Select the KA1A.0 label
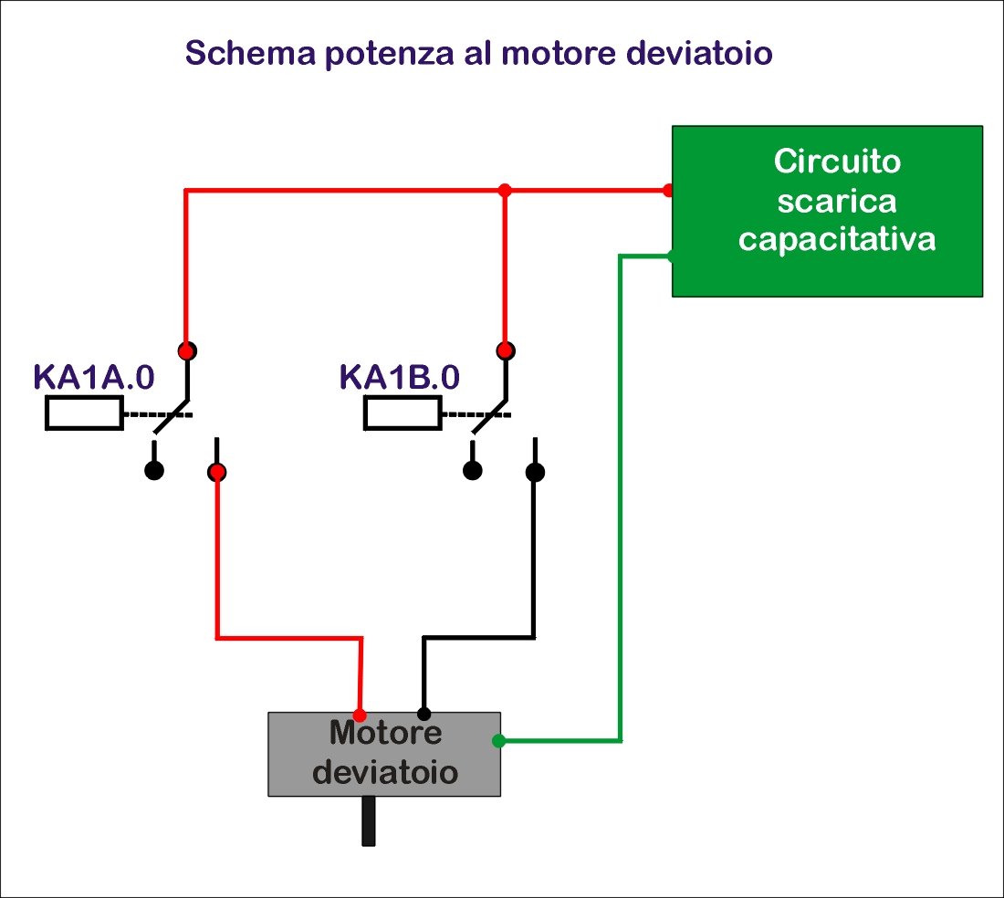pyautogui.click(x=94, y=376)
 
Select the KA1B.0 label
pyautogui.click(x=400, y=376)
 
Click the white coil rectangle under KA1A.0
pyautogui.click(x=83, y=413)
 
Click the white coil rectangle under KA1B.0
pyautogui.click(x=403, y=413)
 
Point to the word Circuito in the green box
pyautogui.click(x=837, y=162)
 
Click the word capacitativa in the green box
pyautogui.click(x=837, y=240)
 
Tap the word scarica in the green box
pyautogui.click(x=837, y=201)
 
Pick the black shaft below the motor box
pyautogui.click(x=368, y=820)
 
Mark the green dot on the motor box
pyautogui.click(x=498, y=741)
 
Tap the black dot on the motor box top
pyautogui.click(x=424, y=713)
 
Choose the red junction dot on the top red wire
pyautogui.click(x=505, y=190)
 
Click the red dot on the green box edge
pyautogui.click(x=669, y=191)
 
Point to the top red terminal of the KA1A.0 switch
pyautogui.click(x=187, y=350)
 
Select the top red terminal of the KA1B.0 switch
pyautogui.click(x=505, y=350)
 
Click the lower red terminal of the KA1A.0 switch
pyautogui.click(x=217, y=472)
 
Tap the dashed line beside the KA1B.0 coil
pyautogui.click(x=475, y=414)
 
